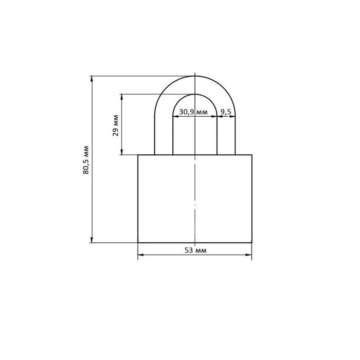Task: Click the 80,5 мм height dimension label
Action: pos(86,160)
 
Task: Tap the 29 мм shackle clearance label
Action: pos(116,125)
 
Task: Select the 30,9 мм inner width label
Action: pos(193,112)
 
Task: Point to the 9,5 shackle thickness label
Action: pos(226,112)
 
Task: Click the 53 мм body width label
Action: pos(195,250)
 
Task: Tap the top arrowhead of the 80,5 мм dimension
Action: pos(92,79)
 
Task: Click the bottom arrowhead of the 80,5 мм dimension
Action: pos(92,240)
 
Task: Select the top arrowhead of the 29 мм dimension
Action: pos(122,97)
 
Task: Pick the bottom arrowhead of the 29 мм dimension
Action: pos(122,152)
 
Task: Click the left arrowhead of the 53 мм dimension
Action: pos(141,255)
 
